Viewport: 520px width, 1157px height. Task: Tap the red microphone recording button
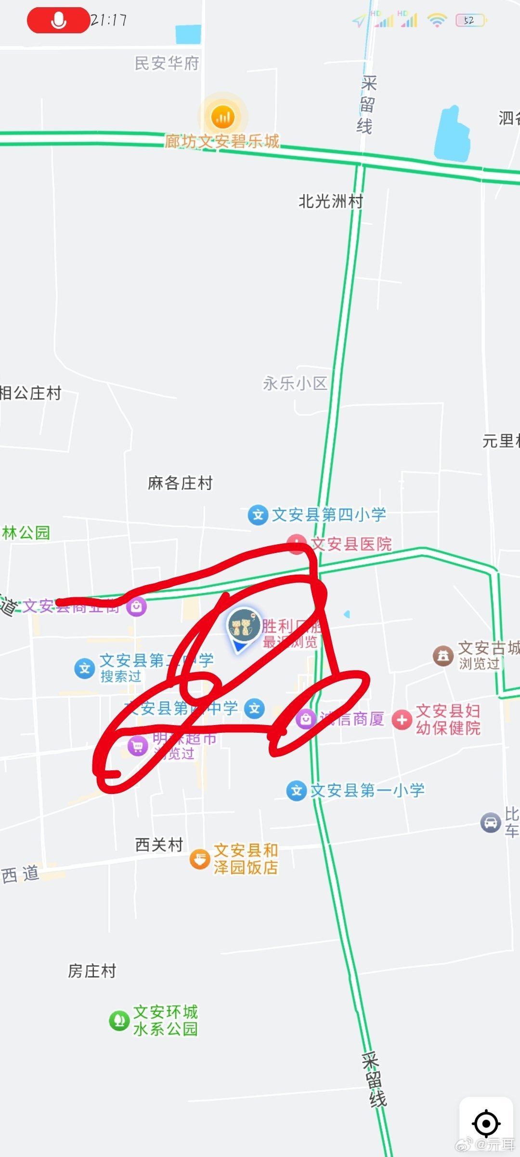point(58,20)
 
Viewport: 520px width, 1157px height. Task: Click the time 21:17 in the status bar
point(109,20)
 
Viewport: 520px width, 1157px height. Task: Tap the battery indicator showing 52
point(471,20)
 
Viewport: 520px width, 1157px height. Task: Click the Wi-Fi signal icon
point(437,20)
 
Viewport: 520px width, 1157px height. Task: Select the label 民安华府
point(167,63)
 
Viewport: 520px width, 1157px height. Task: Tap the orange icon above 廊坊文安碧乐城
point(222,117)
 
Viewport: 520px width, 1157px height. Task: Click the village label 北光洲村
point(331,201)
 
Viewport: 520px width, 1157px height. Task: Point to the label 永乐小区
point(295,383)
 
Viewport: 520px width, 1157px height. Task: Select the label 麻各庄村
point(180,483)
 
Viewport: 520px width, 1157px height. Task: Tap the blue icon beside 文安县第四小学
point(258,515)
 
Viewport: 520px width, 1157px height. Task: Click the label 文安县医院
point(351,544)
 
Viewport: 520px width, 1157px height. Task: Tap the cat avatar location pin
point(243,625)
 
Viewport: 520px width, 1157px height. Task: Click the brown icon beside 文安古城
point(443,656)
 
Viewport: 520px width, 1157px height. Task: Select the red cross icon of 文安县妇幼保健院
point(402,720)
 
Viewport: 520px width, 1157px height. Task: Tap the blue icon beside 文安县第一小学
point(297,791)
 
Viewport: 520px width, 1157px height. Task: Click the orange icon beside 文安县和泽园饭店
point(200,859)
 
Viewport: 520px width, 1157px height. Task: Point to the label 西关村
point(159,845)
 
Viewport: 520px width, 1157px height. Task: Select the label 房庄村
point(92,971)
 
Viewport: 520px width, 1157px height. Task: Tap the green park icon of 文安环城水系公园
point(119,1021)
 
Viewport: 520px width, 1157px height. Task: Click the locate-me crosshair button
point(486,1124)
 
